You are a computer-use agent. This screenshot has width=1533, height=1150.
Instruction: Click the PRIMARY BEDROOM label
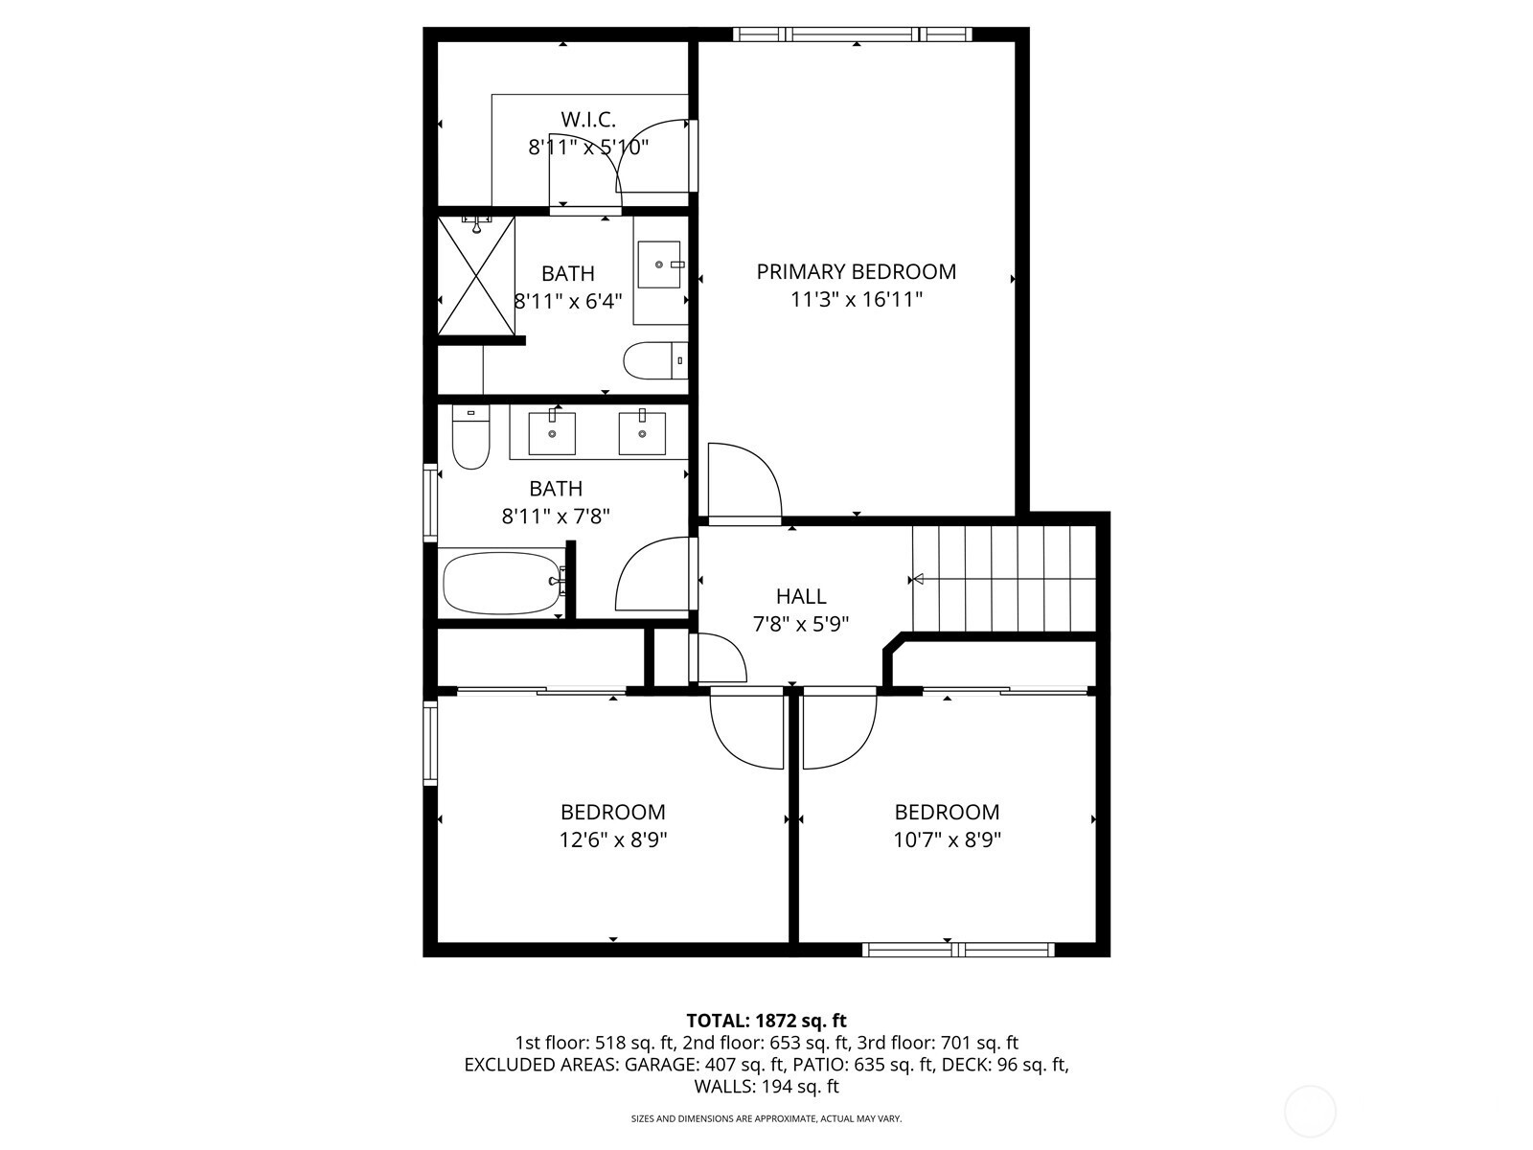[x=857, y=271]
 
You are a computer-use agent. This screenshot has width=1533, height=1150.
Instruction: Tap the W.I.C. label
[x=588, y=120]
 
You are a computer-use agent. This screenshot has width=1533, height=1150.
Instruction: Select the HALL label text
[x=801, y=596]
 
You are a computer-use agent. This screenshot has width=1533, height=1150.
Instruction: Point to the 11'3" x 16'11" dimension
[x=857, y=300]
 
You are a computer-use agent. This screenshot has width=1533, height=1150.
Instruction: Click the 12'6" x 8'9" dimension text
[x=613, y=839]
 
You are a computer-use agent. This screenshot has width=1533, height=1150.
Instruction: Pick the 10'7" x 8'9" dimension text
[x=947, y=839]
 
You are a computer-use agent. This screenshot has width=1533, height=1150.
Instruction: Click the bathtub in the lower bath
[x=503, y=583]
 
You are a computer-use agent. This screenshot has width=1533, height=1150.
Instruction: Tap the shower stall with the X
[x=476, y=276]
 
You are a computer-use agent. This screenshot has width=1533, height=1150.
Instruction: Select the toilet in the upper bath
[x=655, y=360]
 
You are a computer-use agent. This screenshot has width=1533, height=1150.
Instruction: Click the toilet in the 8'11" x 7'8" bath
[x=470, y=437]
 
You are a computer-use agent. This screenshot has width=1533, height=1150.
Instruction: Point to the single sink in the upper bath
[x=660, y=264]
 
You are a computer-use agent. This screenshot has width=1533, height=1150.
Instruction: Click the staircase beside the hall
[x=1004, y=579]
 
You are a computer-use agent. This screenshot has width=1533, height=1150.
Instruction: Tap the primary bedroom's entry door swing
[x=744, y=483]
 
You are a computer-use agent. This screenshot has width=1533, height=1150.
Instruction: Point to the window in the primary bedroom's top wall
[x=853, y=34]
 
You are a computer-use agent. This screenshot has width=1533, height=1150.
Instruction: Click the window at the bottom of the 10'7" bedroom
[x=958, y=950]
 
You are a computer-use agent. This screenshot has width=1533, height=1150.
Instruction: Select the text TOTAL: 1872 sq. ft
[x=766, y=1021]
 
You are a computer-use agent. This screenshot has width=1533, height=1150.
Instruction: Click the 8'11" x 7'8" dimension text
[x=556, y=517]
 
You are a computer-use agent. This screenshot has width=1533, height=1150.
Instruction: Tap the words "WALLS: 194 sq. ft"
[x=766, y=1087]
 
